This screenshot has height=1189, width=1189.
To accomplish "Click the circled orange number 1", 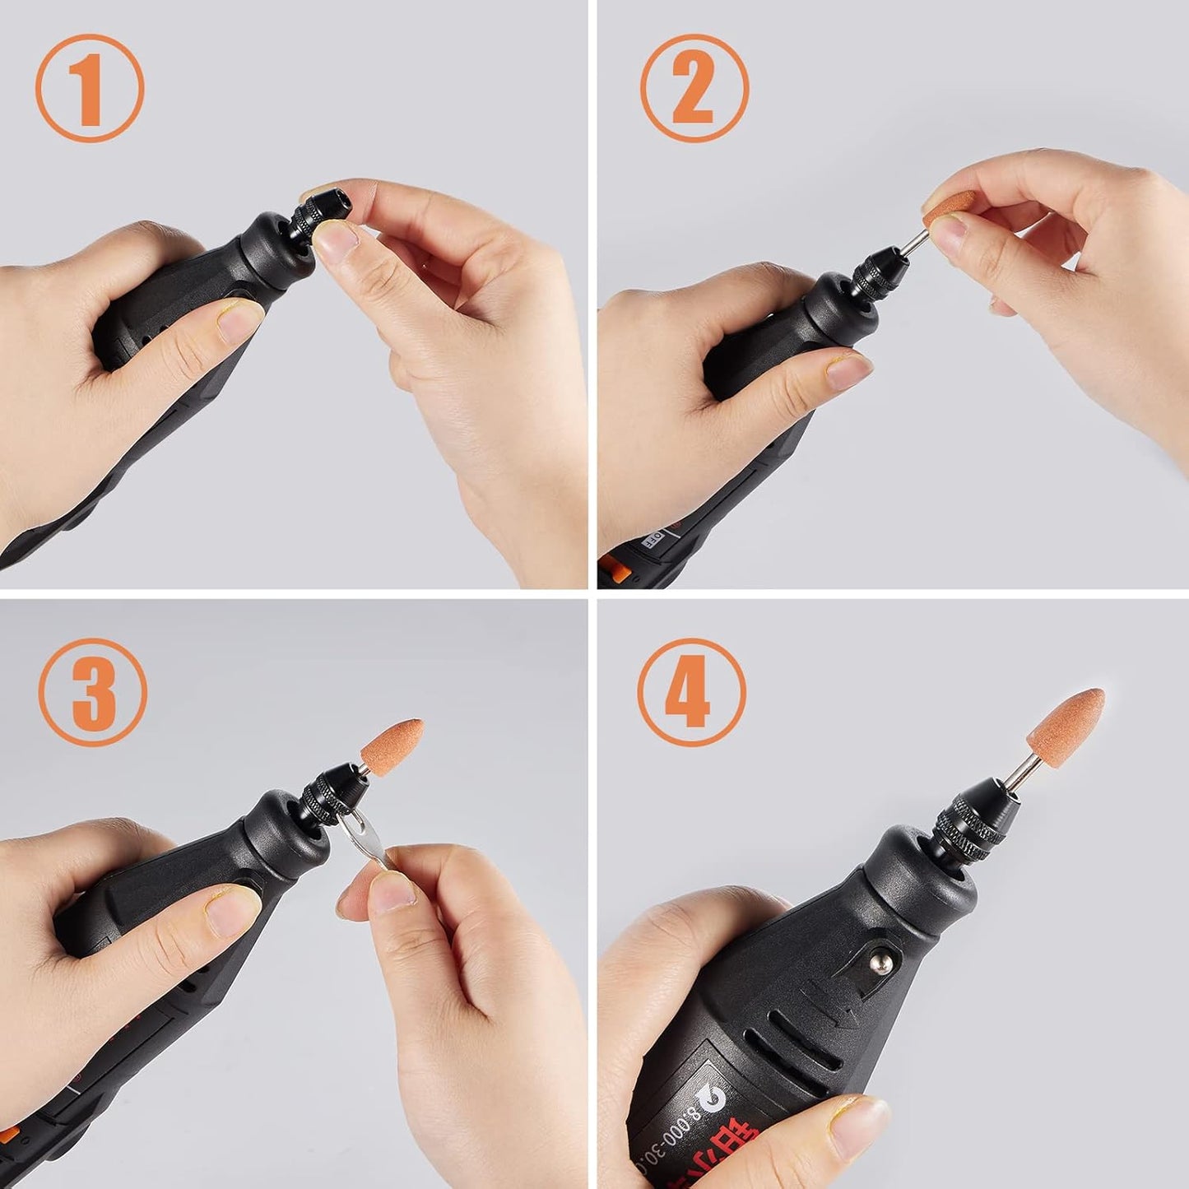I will pos(89,88).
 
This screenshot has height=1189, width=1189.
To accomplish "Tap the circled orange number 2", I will pos(694,88).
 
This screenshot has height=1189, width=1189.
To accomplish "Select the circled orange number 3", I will pos(93,692).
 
